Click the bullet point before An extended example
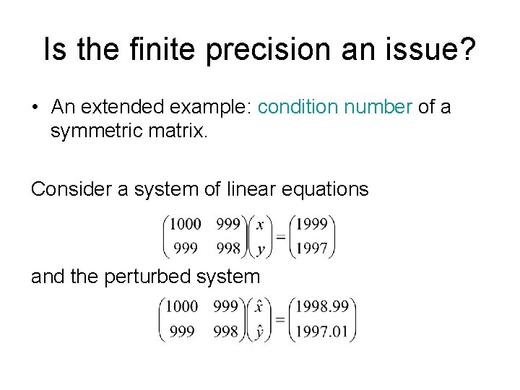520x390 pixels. pos(35,108)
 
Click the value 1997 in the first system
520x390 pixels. pos(311,248)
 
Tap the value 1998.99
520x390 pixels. pos(322,307)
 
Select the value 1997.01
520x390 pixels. pos(322,331)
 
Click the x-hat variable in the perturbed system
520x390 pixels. pos(259,306)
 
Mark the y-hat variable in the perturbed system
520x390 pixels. pos(259,331)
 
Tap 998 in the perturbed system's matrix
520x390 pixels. pos(226,331)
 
